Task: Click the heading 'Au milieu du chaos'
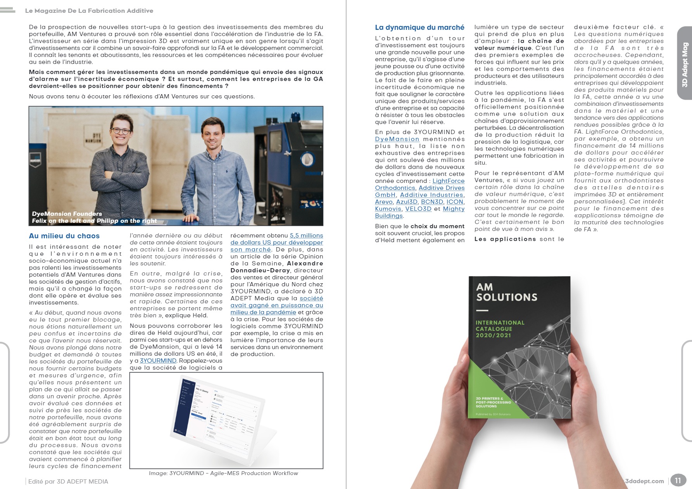click(64, 236)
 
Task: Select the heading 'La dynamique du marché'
click(419, 28)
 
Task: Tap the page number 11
click(678, 481)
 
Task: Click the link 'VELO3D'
click(418, 209)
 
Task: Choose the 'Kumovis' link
click(388, 209)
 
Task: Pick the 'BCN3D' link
click(432, 202)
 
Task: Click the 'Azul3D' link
click(407, 202)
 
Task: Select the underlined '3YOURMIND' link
click(158, 361)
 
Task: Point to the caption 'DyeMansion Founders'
click(67, 214)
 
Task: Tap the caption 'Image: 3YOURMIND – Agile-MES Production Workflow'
click(223, 473)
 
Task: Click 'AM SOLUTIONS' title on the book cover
click(506, 292)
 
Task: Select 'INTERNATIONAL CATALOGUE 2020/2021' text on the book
click(500, 329)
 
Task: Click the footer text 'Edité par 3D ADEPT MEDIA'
click(68, 482)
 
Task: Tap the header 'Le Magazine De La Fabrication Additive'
click(89, 11)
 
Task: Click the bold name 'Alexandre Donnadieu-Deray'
click(277, 267)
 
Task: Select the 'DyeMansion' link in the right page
click(397, 139)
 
